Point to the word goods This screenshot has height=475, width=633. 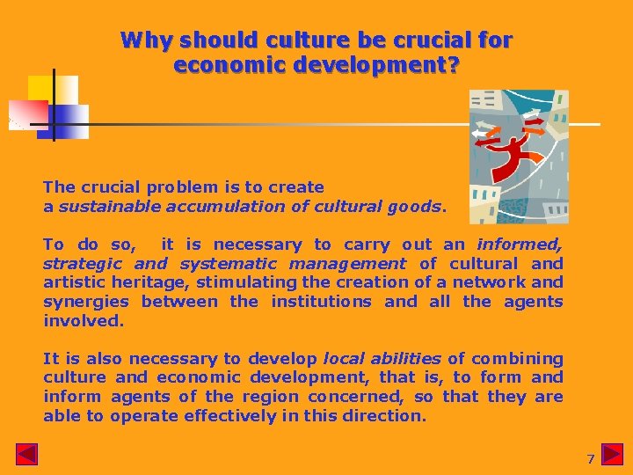(417, 207)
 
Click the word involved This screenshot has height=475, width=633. (83, 321)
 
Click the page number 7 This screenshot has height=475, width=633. (591, 459)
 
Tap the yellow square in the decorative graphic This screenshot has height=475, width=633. (53, 88)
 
